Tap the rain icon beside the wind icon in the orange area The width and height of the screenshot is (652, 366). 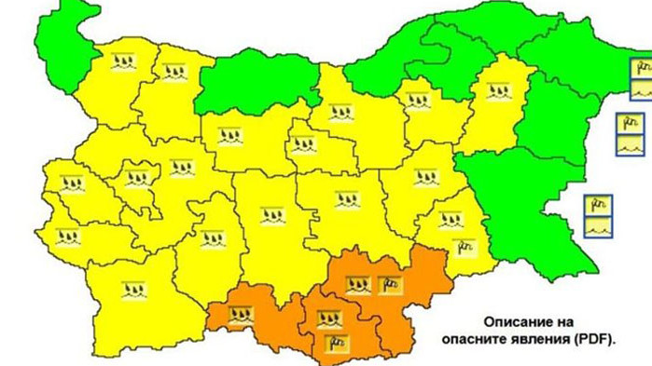click(x=357, y=284)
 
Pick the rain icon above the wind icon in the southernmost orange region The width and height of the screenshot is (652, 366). click(x=327, y=319)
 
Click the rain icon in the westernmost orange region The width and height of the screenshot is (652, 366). click(x=242, y=315)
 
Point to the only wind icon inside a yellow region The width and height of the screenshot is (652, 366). click(x=464, y=246)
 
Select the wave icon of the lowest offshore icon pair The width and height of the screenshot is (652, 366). click(x=598, y=225)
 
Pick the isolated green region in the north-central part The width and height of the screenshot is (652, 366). click(x=252, y=84)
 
